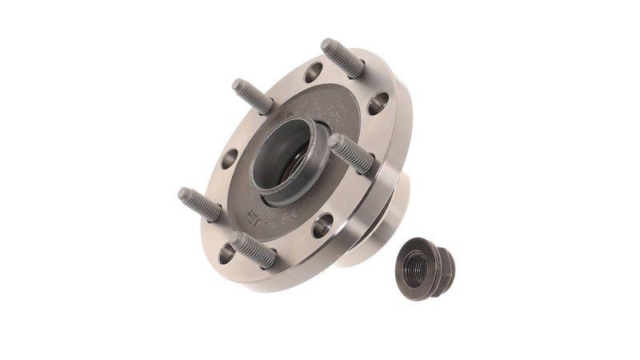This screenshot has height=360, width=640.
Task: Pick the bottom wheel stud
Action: (x=254, y=249)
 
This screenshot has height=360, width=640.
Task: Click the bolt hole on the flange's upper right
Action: (x=378, y=102)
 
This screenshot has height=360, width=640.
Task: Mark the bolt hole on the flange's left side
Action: (x=229, y=158)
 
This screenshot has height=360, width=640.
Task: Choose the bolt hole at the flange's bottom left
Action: (x=227, y=254)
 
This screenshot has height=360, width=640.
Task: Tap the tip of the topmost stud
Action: (x=328, y=44)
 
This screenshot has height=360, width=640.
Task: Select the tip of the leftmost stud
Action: (x=183, y=193)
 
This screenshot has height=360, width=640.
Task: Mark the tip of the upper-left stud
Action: (x=238, y=85)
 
